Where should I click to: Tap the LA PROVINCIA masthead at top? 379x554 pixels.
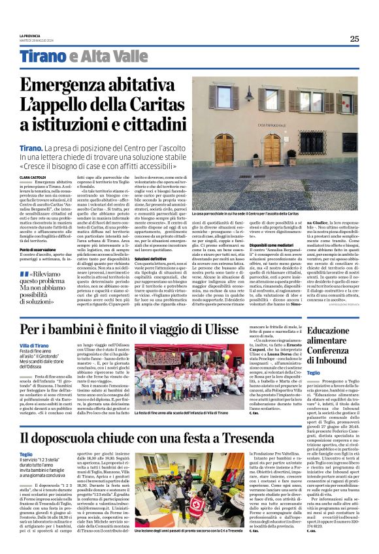pos(29,36)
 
